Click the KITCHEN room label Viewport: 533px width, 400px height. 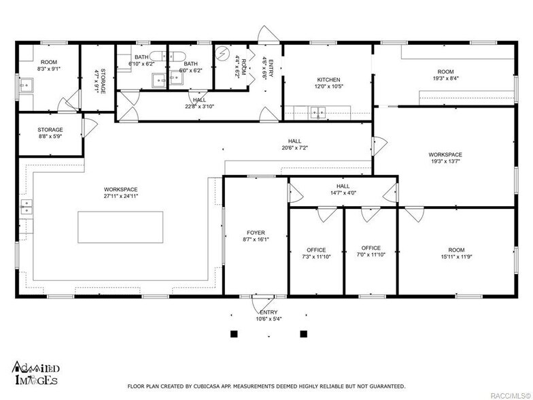pyautogui.click(x=329, y=80)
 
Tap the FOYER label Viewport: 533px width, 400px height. pyautogui.click(x=256, y=233)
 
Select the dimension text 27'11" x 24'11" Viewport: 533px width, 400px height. pyautogui.click(x=121, y=196)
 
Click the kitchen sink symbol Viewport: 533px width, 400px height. pyautogui.click(x=318, y=113)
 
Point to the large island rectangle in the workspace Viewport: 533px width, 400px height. pyautogui.click(x=120, y=227)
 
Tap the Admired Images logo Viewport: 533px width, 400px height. pyautogui.click(x=36, y=373)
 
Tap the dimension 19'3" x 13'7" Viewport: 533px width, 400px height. pyautogui.click(x=445, y=161)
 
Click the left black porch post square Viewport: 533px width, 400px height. pyautogui.click(x=234, y=334)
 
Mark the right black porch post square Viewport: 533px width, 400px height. pyautogui.click(x=303, y=334)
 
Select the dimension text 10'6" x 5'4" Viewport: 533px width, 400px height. pyautogui.click(x=269, y=318)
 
